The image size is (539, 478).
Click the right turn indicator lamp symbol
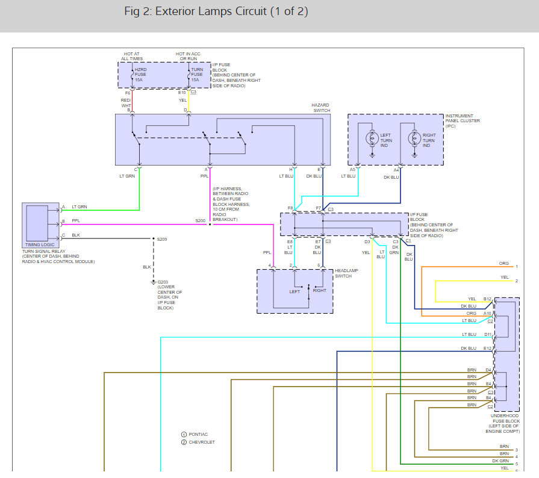coord(414,138)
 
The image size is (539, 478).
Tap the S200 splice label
coord(200,221)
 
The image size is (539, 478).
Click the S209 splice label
coord(162,240)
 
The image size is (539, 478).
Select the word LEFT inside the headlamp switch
coord(294,291)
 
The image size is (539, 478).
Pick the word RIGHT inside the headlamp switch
coord(319,291)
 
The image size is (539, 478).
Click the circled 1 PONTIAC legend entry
coord(194,434)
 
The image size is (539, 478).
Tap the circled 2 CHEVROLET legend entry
coord(198,442)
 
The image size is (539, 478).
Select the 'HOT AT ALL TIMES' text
coord(132,56)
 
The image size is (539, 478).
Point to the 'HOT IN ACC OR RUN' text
coord(188,56)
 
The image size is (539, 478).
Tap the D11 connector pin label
coord(488,334)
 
